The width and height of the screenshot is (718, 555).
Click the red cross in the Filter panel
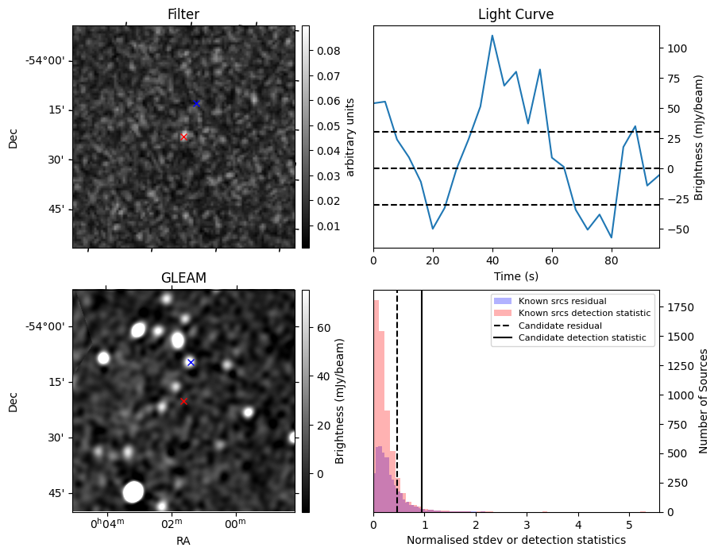point(183,137)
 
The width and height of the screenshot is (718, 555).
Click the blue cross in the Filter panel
point(196,103)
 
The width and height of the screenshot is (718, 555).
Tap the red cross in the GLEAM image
point(183,401)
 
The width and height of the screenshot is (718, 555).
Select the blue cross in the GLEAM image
point(191,362)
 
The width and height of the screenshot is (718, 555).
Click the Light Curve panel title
point(516,14)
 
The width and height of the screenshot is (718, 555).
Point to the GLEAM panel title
point(183,278)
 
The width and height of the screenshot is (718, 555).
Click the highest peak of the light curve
point(492,35)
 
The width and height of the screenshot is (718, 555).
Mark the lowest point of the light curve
point(612,237)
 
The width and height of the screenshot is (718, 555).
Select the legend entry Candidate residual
point(560,326)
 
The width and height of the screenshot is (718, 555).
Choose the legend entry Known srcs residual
point(562,301)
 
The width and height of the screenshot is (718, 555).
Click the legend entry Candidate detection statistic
point(582,337)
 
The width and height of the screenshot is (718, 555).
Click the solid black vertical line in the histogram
point(421,401)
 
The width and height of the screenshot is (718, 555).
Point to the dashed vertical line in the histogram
point(397,401)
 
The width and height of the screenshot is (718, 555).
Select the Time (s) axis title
point(516,276)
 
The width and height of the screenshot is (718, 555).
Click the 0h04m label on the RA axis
point(107,523)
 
